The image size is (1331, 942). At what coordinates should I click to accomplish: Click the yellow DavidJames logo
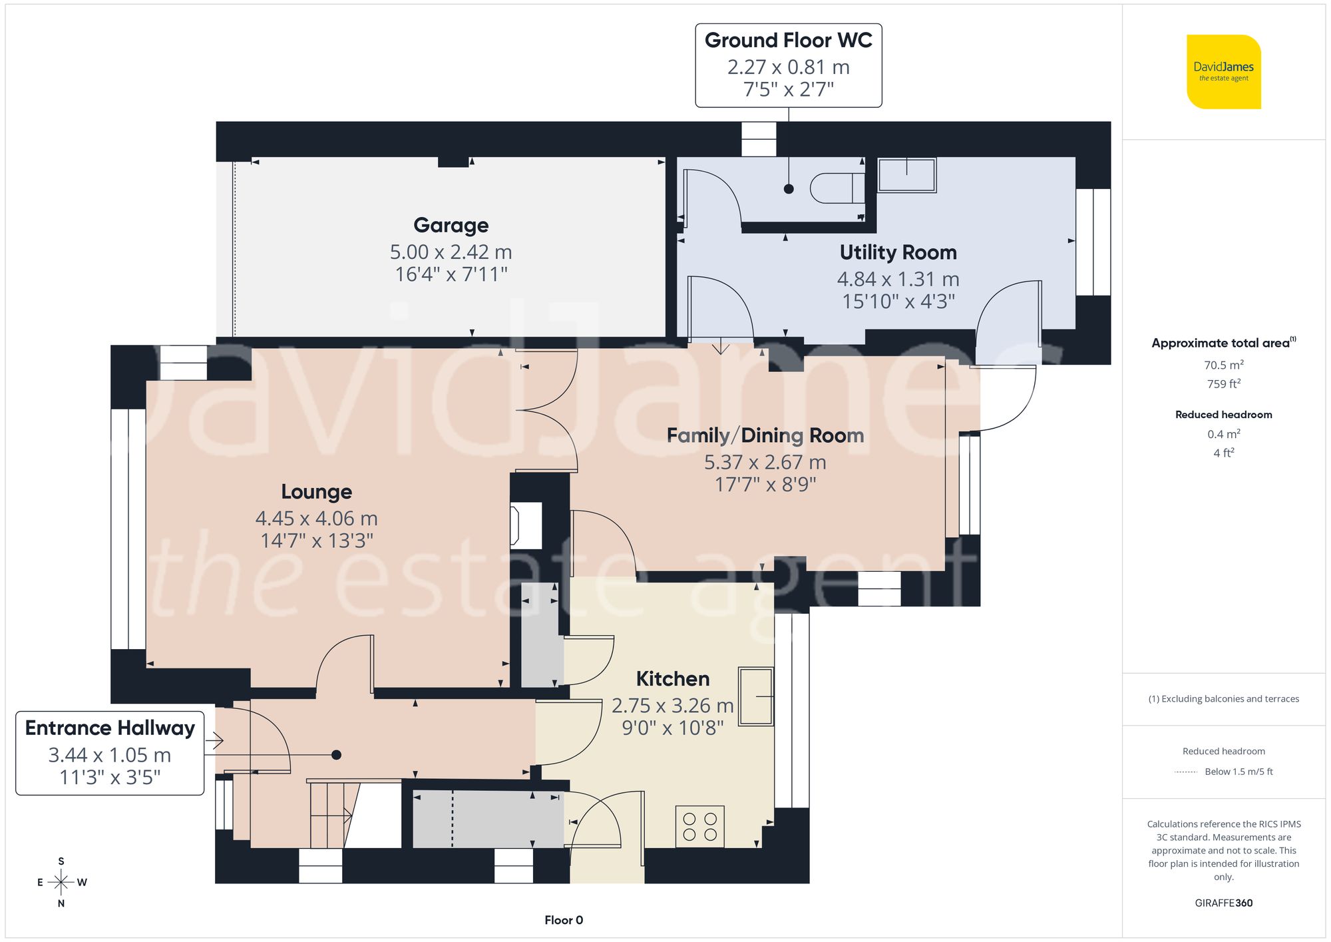[x=1223, y=72]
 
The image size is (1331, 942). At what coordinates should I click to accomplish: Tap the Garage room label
[x=451, y=225]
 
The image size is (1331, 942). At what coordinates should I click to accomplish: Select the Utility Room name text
[x=898, y=252]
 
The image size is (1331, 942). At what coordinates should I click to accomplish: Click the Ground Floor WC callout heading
[x=788, y=41]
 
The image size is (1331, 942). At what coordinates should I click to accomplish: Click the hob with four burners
[x=699, y=826]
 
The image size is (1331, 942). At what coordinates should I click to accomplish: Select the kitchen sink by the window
[x=756, y=696]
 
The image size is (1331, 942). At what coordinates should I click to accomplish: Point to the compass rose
[x=61, y=883]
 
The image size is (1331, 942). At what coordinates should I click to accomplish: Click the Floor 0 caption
[x=563, y=920]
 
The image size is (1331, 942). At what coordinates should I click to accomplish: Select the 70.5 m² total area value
[x=1223, y=365]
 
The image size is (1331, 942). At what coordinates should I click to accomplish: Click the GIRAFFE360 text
[x=1223, y=903]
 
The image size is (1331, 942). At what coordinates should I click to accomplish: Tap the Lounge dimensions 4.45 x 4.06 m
[x=316, y=518]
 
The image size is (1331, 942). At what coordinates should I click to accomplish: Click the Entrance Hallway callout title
[x=110, y=728]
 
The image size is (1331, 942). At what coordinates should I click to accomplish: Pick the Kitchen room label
[x=672, y=679]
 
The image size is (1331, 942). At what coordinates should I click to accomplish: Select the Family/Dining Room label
[x=765, y=435]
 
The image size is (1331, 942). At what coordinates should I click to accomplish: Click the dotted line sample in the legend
[x=1186, y=772]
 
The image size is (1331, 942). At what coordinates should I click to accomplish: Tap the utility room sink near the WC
[x=906, y=175]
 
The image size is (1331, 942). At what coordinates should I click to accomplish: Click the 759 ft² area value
[x=1223, y=384]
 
